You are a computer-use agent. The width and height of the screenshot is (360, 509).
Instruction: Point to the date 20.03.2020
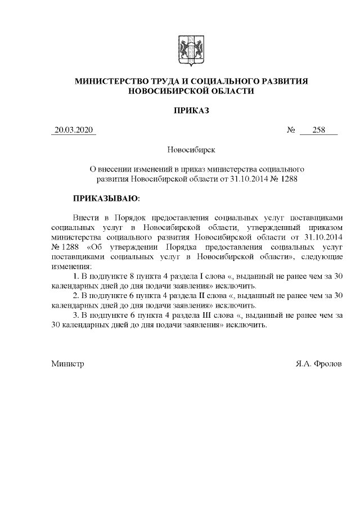(x=73, y=130)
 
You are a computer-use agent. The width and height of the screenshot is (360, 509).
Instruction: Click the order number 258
(x=318, y=130)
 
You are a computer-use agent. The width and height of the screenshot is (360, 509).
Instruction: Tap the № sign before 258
(x=291, y=130)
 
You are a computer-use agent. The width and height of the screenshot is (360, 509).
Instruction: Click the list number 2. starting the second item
(x=76, y=295)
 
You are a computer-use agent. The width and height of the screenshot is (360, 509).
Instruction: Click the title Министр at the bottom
(x=67, y=364)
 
